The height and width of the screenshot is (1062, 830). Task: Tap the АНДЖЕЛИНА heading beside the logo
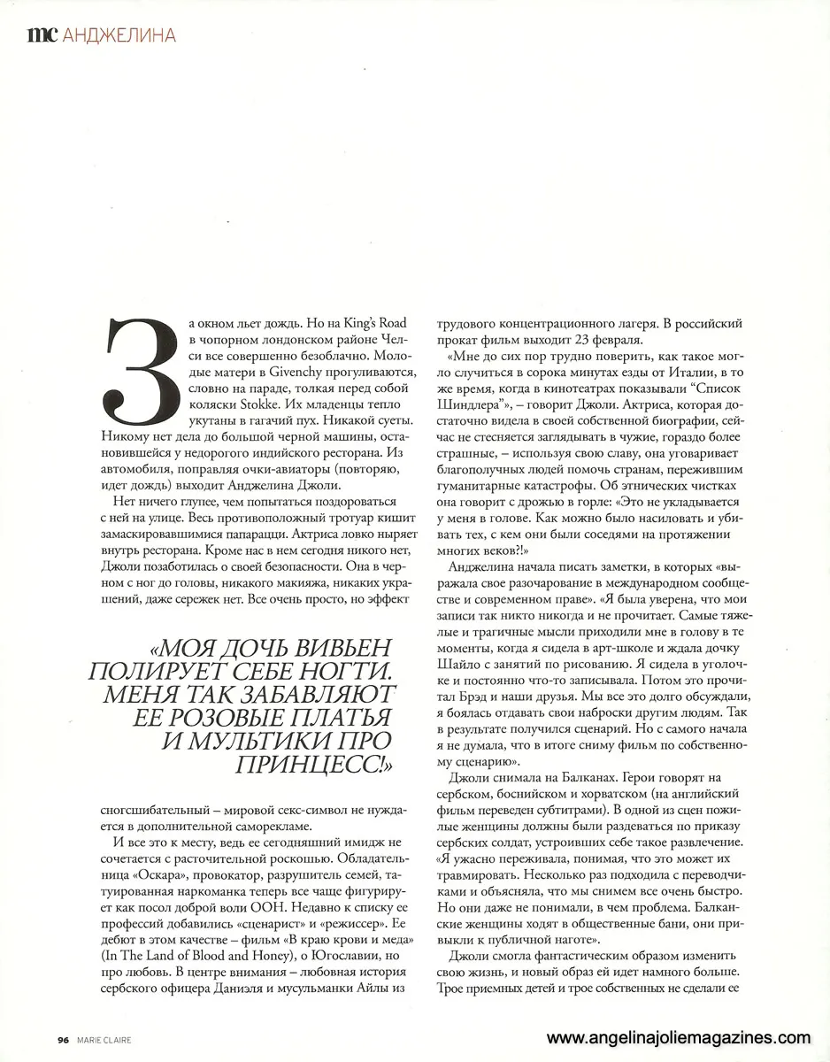pyautogui.click(x=117, y=35)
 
